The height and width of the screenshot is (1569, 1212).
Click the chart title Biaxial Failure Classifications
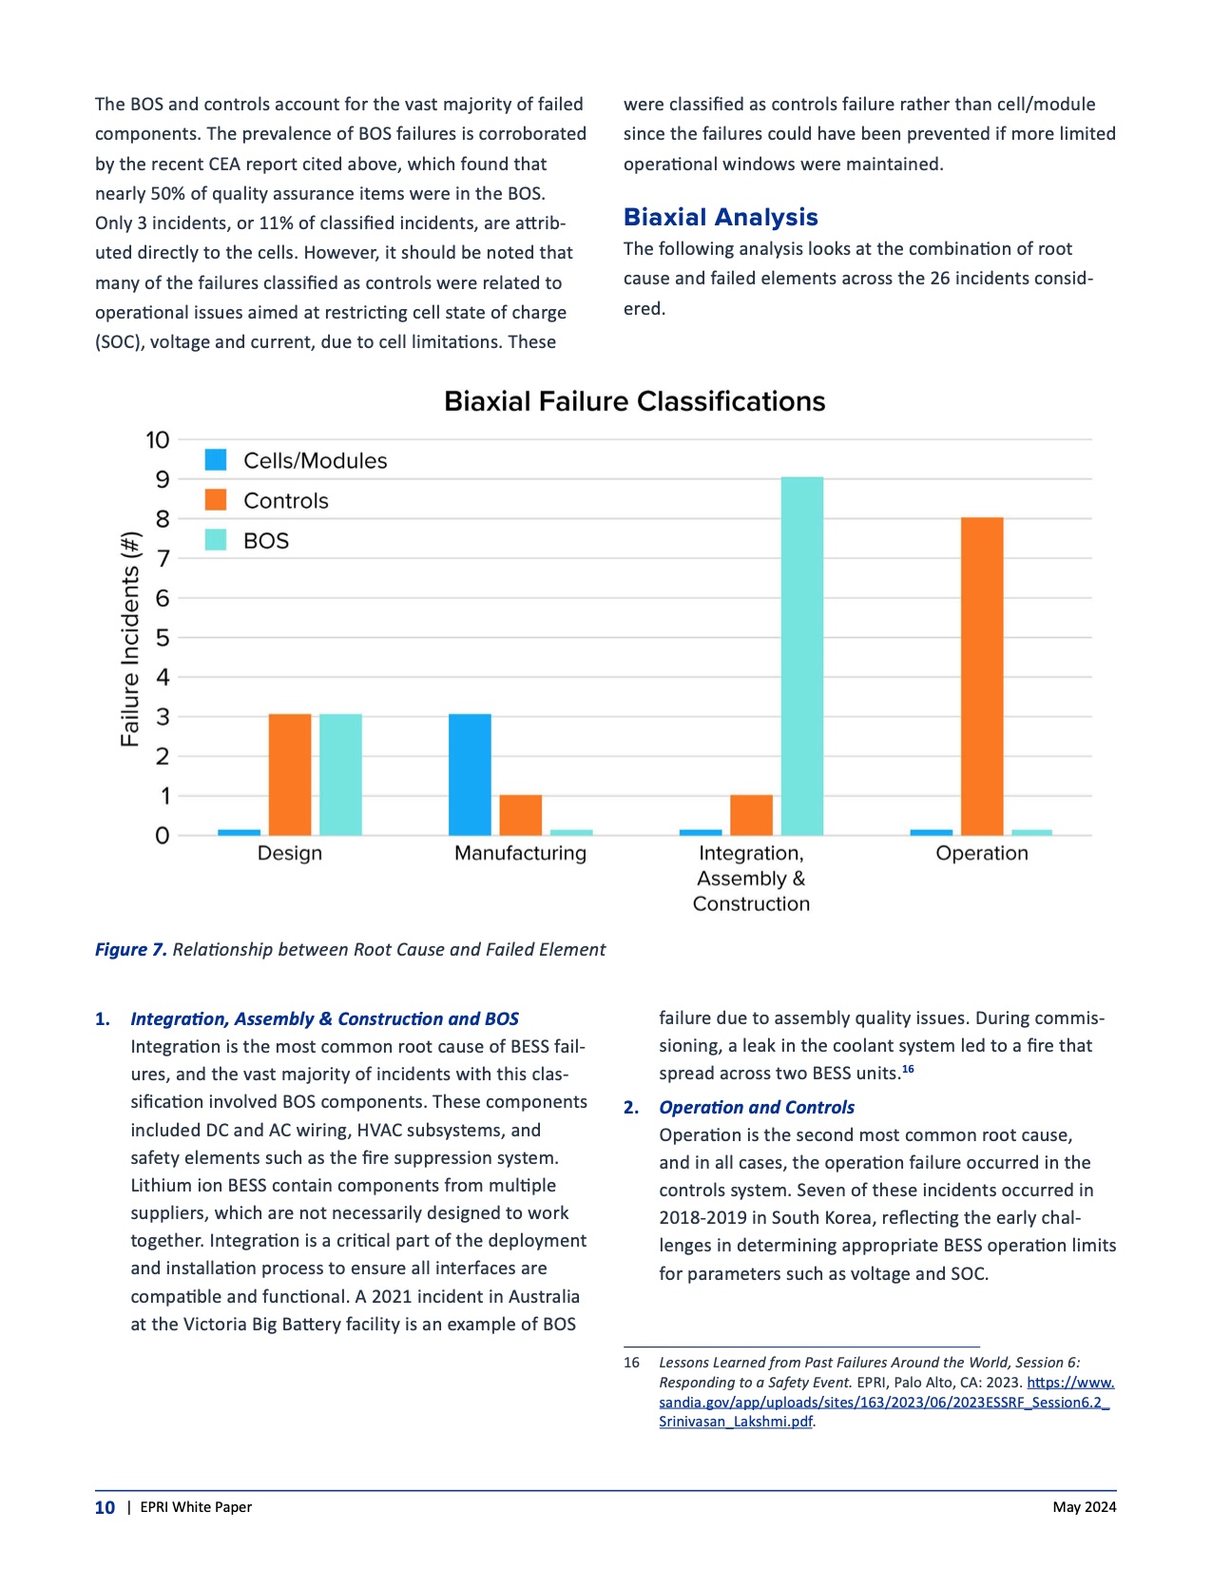[634, 401]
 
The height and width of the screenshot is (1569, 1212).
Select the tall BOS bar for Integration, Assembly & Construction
[801, 656]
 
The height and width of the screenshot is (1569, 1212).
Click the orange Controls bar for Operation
[982, 676]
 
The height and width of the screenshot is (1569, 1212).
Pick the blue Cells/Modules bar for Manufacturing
[470, 774]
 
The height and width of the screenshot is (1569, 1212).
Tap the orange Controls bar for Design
[289, 774]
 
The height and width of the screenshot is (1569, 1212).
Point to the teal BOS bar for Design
[340, 774]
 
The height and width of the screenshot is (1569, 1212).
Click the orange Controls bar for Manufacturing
[520, 815]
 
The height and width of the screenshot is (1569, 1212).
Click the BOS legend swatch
[217, 540]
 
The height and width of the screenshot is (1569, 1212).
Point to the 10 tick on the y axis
[157, 440]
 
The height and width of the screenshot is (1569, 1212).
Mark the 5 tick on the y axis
[163, 638]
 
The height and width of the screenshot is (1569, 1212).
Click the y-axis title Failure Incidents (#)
[130, 639]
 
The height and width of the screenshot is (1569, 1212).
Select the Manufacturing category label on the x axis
[520, 853]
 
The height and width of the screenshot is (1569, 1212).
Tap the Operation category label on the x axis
[982, 853]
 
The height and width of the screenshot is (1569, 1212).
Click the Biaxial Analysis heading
[721, 218]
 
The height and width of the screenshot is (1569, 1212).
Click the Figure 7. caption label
[131, 949]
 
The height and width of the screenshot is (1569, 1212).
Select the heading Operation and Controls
[757, 1107]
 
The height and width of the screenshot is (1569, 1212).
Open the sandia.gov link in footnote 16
[884, 1403]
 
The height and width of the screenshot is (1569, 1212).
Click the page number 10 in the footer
[105, 1507]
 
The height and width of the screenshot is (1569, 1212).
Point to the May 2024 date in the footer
[1084, 1507]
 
